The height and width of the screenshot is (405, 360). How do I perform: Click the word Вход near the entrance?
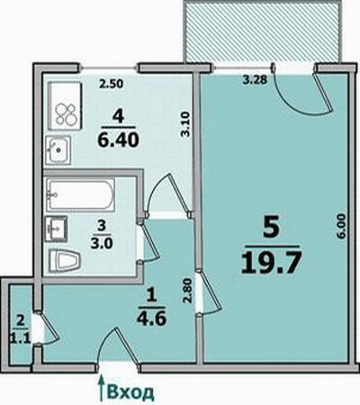[x=130, y=391]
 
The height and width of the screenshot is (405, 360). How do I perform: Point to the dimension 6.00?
[x=343, y=226]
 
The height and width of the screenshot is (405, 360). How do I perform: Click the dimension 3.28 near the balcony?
[x=255, y=80]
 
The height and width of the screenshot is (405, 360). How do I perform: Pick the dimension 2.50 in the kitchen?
[x=111, y=84]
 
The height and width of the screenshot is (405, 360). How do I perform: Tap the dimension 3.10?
[x=184, y=124]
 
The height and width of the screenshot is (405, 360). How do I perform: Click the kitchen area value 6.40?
[x=119, y=139]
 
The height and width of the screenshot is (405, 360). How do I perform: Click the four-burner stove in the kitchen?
[x=65, y=106]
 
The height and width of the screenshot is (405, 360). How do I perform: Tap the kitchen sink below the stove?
[x=58, y=149]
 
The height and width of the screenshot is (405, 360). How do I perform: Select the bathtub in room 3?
[x=80, y=194]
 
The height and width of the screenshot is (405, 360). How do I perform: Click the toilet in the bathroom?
[x=65, y=260]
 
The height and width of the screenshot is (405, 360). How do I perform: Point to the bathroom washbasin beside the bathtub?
[x=56, y=229]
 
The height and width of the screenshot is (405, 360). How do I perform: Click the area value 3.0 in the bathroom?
[x=102, y=243]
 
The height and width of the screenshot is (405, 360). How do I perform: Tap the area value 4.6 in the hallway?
[x=151, y=319]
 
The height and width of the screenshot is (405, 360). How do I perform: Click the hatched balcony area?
[x=263, y=31]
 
